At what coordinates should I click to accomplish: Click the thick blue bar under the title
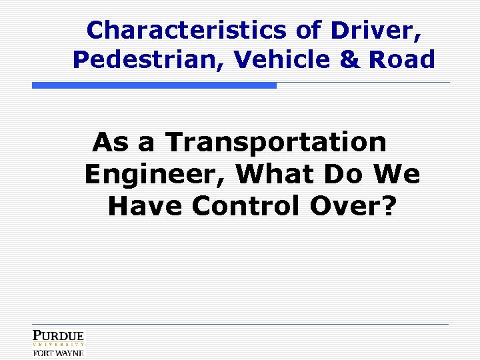(x=154, y=85)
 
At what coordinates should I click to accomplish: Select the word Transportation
(x=276, y=142)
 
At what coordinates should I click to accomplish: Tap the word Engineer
(x=155, y=175)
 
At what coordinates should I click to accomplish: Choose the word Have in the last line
(x=145, y=207)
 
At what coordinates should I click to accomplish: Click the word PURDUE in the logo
(x=59, y=336)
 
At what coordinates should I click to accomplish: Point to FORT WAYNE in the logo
(x=59, y=353)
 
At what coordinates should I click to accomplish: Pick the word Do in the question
(x=347, y=175)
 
